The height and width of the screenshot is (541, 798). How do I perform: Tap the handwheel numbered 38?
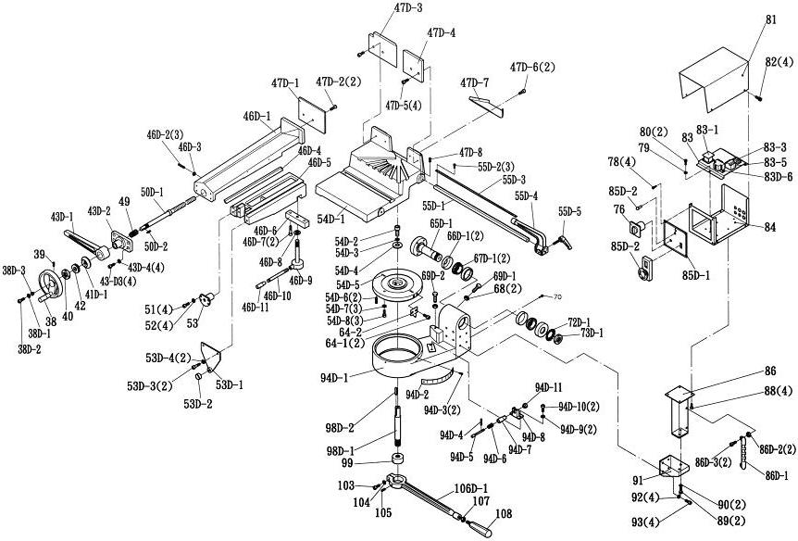[62, 284]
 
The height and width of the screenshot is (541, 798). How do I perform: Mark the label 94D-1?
[332, 377]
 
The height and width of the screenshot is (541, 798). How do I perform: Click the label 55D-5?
[570, 211]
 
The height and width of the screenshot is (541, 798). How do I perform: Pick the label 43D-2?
[99, 210]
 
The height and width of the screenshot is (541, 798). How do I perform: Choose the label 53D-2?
[197, 404]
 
